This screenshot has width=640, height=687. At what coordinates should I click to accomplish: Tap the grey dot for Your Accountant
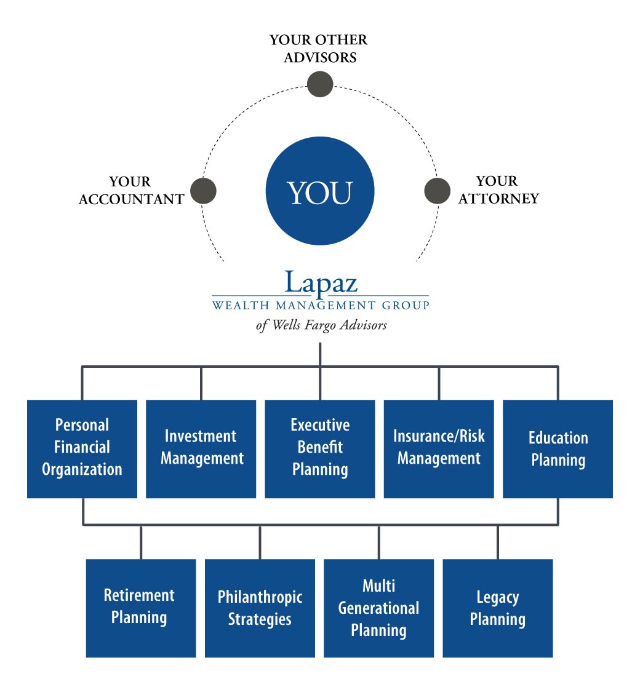point(203,191)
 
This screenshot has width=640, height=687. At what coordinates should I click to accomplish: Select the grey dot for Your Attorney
point(437,191)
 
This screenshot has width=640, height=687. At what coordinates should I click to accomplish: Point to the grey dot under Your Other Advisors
point(320,84)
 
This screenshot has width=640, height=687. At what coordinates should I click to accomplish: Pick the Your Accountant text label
point(131,191)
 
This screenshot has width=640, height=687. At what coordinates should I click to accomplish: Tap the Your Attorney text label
point(498,190)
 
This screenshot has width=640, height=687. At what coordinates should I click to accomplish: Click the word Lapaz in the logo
point(321,283)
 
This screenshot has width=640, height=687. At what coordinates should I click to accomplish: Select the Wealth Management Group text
point(320,304)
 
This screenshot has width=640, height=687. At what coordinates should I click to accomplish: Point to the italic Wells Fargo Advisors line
point(321,325)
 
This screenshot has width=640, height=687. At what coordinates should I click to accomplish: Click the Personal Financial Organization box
point(82,448)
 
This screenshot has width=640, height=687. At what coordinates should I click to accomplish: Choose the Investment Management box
point(201,448)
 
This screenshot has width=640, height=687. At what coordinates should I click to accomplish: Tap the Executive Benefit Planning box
point(320,448)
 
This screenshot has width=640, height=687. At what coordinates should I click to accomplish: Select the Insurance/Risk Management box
point(439,448)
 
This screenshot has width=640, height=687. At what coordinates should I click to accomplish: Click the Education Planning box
point(558,448)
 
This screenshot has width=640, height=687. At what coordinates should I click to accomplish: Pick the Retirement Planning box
point(141,608)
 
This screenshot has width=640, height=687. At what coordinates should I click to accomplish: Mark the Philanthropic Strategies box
point(260,608)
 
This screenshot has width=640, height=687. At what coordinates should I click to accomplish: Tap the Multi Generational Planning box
point(378,608)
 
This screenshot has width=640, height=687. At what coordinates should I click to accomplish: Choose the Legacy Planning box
point(498,608)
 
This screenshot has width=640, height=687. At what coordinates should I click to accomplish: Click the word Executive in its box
point(320,425)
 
